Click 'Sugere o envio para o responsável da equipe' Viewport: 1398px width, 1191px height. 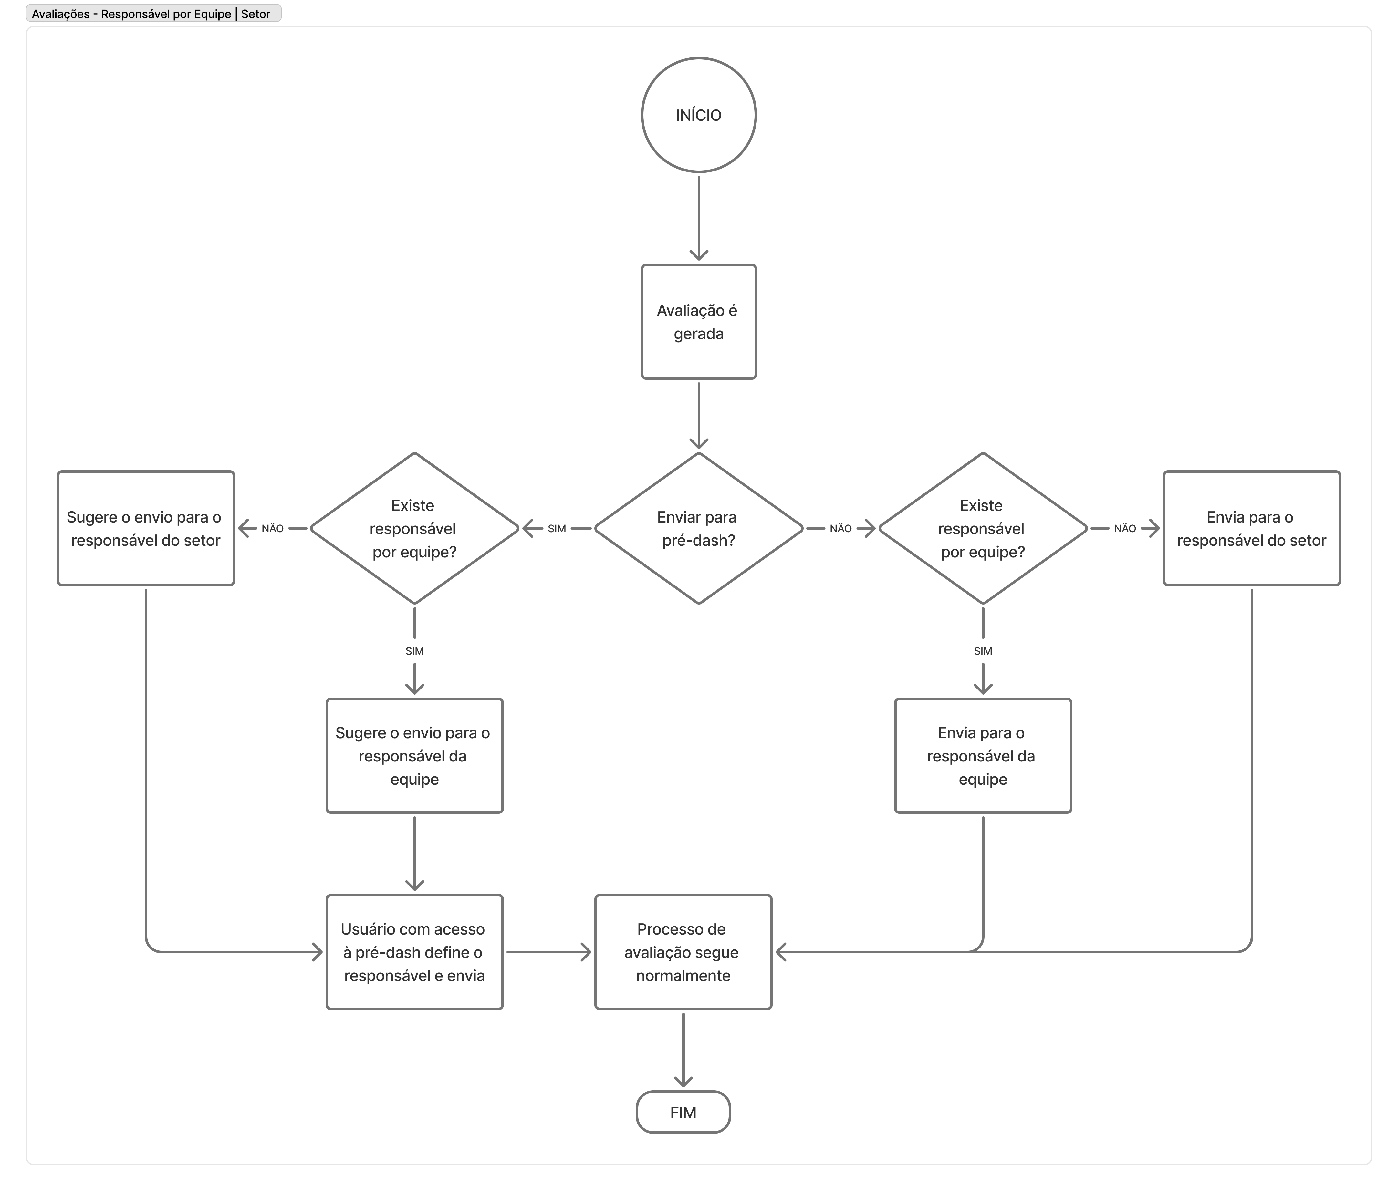click(414, 755)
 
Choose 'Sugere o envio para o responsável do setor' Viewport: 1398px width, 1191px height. click(146, 528)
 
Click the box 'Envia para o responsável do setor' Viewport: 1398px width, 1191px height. click(1252, 528)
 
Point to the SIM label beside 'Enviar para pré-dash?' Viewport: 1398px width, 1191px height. click(557, 529)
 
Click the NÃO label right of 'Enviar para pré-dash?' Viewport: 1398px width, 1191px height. click(841, 529)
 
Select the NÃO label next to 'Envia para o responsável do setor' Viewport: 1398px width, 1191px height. click(1125, 529)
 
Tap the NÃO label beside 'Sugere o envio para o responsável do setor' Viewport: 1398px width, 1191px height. click(273, 529)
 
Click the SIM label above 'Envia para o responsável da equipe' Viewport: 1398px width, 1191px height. click(983, 651)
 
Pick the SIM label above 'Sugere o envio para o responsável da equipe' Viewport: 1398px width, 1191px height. click(414, 651)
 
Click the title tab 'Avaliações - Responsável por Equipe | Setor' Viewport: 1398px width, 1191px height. click(153, 14)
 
